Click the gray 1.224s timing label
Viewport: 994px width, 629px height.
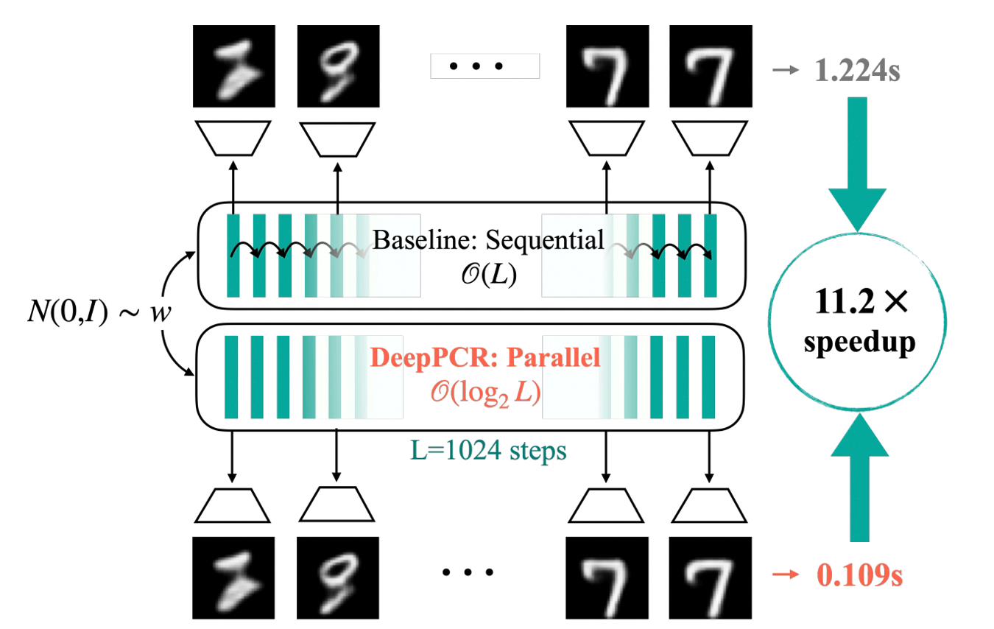tap(857, 71)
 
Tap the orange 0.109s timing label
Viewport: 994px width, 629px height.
tap(859, 575)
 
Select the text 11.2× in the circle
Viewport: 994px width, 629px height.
tap(861, 302)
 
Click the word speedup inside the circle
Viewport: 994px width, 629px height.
tap(859, 343)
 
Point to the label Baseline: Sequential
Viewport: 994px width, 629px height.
tap(488, 240)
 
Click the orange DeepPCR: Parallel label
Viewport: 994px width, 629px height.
tap(485, 357)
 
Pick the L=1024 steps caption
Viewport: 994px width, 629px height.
tap(488, 451)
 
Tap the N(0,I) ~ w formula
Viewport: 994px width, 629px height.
tap(99, 312)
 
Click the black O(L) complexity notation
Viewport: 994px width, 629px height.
tap(489, 275)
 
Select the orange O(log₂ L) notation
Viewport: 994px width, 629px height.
tap(485, 393)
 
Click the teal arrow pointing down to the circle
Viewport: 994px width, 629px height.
tap(857, 164)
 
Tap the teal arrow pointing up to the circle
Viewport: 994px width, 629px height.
tap(859, 477)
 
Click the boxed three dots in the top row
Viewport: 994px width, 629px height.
tap(485, 66)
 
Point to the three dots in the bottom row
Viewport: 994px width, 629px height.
tap(468, 572)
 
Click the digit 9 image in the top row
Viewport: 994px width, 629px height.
tap(338, 66)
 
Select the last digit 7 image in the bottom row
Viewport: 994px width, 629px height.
tap(711, 578)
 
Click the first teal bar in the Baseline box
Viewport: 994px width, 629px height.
tap(233, 256)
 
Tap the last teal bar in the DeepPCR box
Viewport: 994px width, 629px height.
tap(708, 377)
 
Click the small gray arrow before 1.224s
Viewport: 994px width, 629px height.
tap(786, 70)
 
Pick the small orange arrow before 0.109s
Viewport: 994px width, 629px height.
tap(786, 574)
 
